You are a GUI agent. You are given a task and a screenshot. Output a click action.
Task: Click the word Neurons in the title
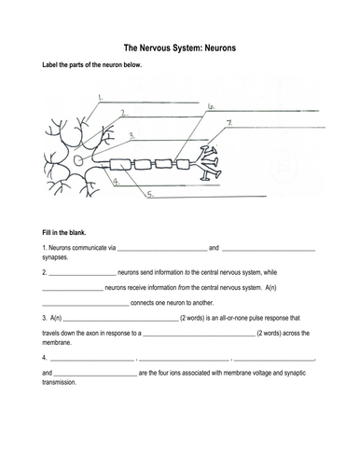[220, 48]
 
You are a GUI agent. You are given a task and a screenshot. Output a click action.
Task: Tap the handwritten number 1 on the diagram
[101, 98]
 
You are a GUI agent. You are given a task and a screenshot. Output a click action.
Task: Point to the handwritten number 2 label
[124, 113]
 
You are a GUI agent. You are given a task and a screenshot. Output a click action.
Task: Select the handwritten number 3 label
[132, 136]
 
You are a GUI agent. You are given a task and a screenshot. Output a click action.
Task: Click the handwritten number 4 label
[117, 182]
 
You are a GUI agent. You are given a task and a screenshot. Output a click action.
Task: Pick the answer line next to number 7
[280, 127]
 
